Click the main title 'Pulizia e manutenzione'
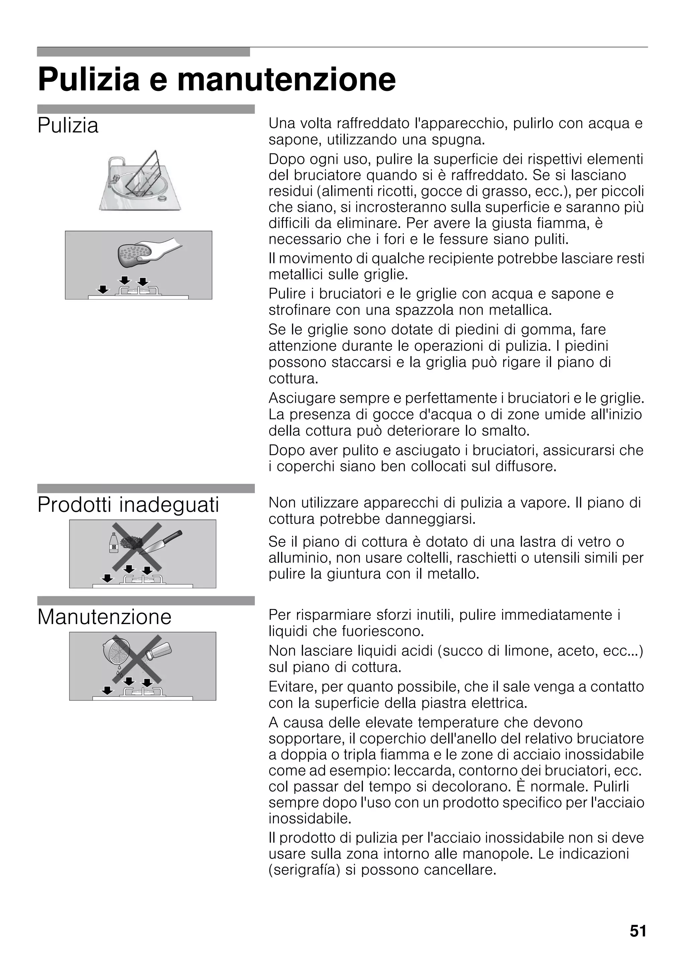pos(217,80)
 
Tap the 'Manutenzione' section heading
pos(104,617)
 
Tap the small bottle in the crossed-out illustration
pos(113,543)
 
